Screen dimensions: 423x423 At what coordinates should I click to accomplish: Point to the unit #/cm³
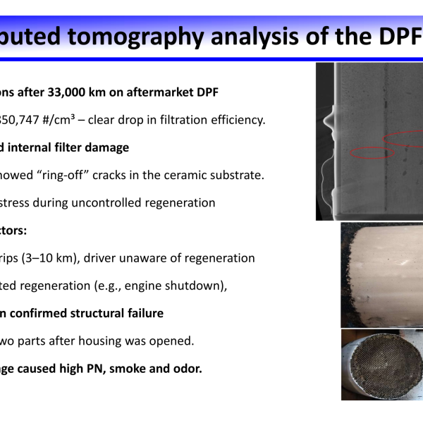(x=59, y=120)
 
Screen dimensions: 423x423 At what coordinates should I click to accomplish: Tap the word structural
(x=97, y=314)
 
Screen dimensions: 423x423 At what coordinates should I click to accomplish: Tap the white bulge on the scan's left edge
(x=329, y=121)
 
